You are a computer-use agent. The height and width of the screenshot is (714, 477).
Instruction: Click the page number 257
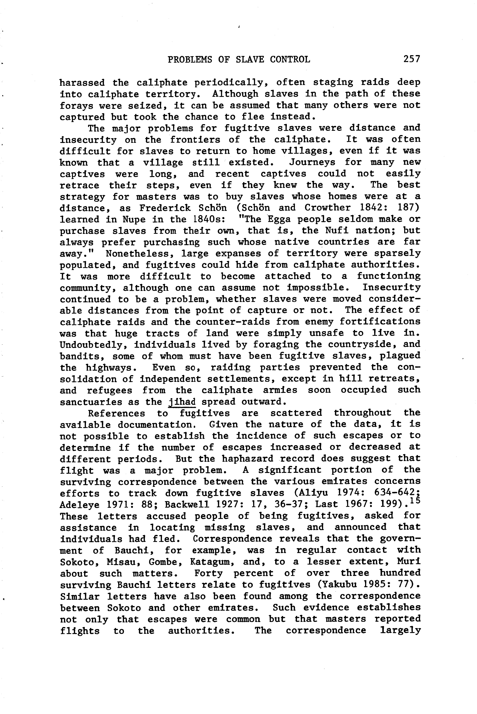(412, 59)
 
